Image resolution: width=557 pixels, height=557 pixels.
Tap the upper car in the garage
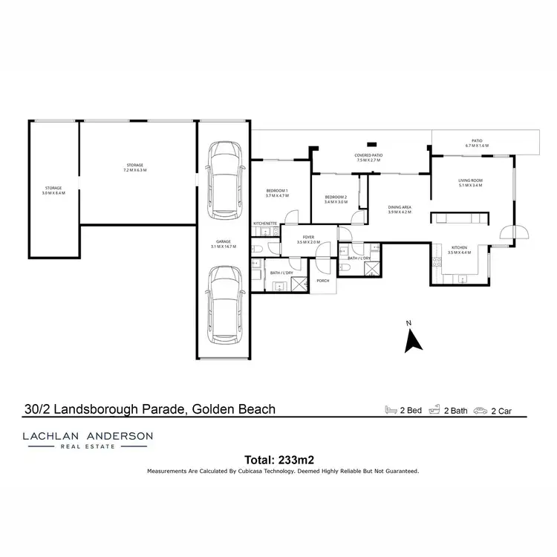225,180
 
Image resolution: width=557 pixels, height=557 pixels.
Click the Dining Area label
399,209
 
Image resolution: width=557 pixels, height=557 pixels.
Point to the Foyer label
307,239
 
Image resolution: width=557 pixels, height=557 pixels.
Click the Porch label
322,281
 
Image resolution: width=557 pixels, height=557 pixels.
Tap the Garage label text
224,244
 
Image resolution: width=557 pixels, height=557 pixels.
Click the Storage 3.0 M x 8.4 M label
53,190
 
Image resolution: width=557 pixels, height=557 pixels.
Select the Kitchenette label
265,223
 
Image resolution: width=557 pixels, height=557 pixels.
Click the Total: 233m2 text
278,459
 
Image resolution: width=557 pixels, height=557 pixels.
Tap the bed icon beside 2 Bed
391,409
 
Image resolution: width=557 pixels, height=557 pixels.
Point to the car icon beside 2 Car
481,409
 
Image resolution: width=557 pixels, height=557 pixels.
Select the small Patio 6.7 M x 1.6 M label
477,143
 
